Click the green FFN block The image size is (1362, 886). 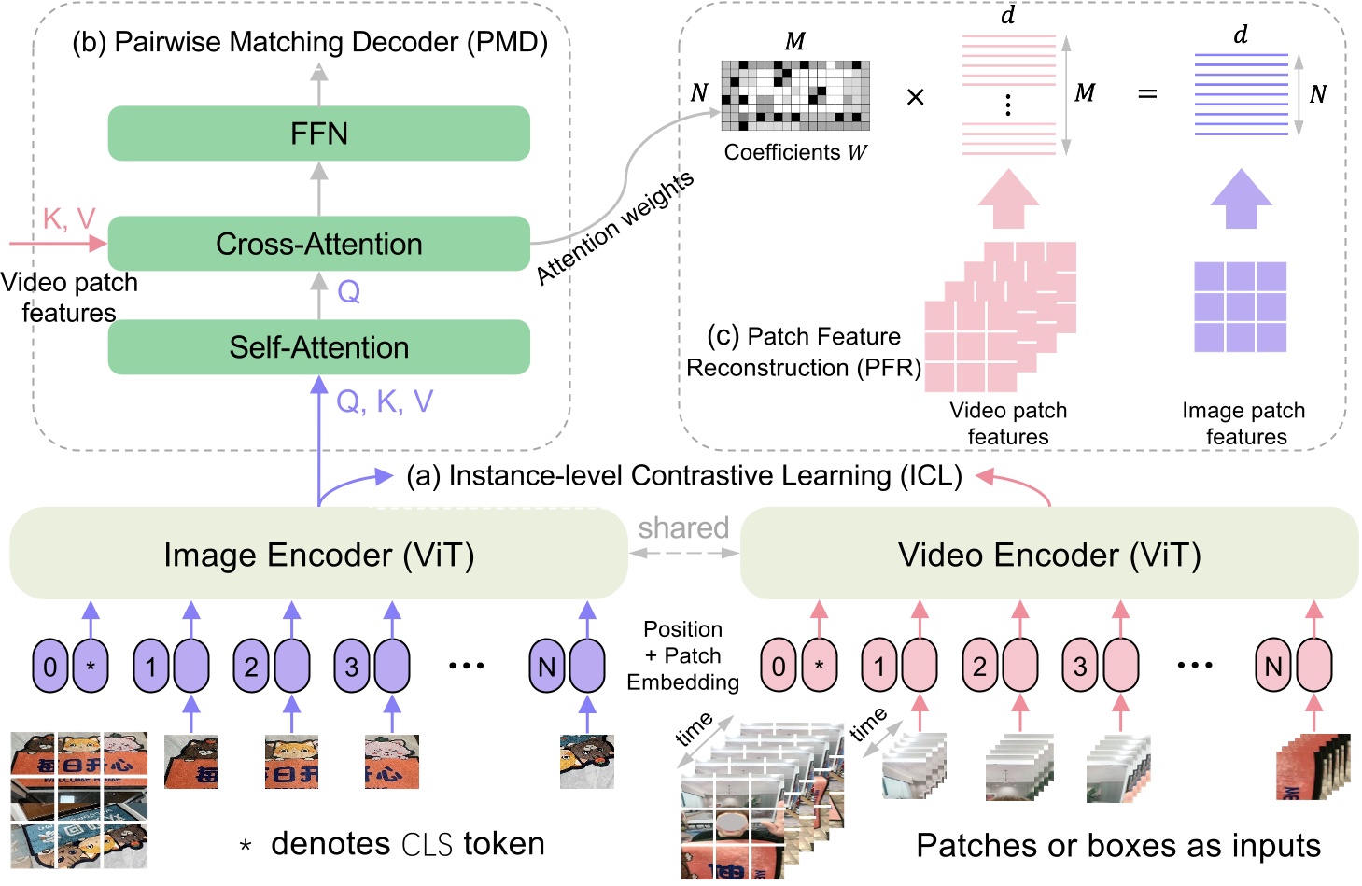click(318, 134)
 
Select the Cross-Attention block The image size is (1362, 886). click(318, 244)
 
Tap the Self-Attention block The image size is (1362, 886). click(318, 347)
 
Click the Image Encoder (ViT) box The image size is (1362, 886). click(318, 555)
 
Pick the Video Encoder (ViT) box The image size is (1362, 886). click(1048, 555)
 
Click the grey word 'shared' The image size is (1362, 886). click(683, 527)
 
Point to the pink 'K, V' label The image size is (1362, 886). click(69, 219)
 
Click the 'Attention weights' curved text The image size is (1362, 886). click(615, 227)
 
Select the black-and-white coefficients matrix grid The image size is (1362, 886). click(795, 95)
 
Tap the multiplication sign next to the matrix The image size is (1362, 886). click(915, 97)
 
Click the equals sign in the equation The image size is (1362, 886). click(1147, 94)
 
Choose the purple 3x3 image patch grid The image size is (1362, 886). click(1241, 307)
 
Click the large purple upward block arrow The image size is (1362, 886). click(1241, 199)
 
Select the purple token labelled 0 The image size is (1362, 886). click(50, 667)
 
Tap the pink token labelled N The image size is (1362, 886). click(1273, 667)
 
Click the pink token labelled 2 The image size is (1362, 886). click(979, 667)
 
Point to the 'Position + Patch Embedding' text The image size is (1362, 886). click(682, 655)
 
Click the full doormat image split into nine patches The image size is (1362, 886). click(79, 800)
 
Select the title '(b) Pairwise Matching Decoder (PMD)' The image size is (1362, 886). click(310, 42)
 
